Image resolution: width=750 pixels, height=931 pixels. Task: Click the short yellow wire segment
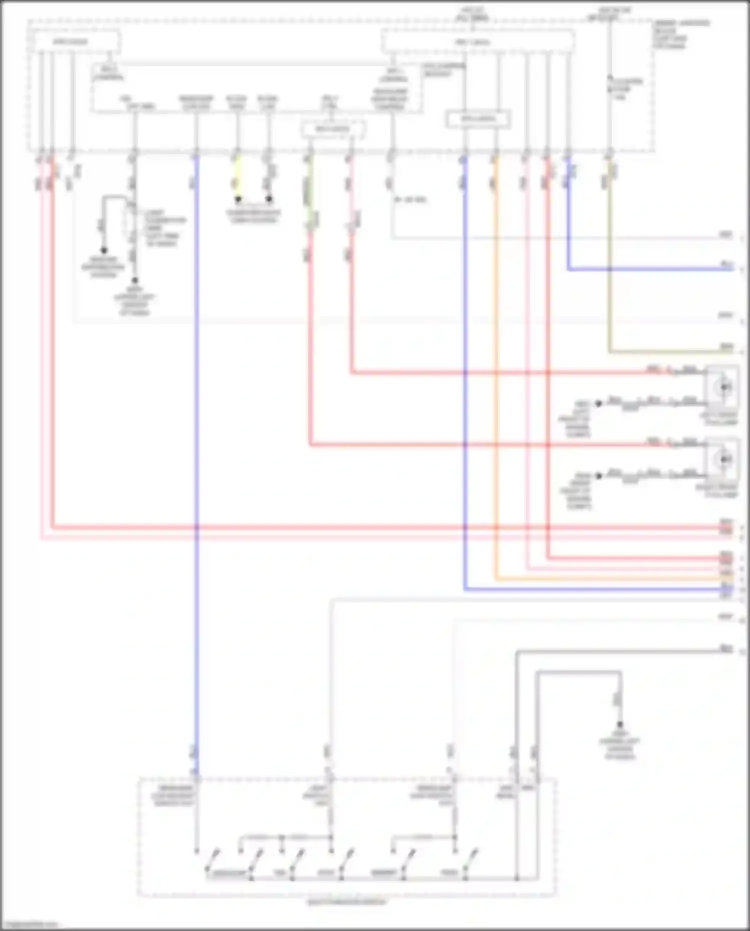(237, 178)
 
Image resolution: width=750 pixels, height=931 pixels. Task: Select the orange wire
(495, 350)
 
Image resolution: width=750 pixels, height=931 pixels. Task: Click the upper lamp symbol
(723, 387)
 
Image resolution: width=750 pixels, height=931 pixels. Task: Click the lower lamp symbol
(723, 459)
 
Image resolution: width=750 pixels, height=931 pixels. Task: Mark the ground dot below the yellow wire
(238, 199)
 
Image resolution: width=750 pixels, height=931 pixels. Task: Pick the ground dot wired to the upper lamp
(598, 403)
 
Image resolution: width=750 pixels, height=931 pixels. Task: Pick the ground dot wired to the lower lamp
(598, 476)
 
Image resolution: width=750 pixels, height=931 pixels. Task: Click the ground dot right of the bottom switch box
(619, 724)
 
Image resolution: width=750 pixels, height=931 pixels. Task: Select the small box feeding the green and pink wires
(332, 130)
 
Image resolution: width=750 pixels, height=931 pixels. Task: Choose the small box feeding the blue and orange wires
(478, 119)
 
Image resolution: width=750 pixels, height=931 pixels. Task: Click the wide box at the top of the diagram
(477, 42)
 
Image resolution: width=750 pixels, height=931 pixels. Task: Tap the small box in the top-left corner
(74, 41)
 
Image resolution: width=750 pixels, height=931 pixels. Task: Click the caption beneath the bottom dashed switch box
(346, 902)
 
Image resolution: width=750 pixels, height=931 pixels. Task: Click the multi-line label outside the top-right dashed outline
(681, 35)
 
